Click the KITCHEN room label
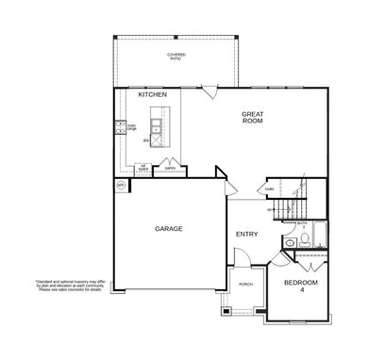click(153, 95)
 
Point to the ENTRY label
click(246, 234)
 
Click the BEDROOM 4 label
click(302, 286)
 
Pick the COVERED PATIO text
click(176, 57)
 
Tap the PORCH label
click(245, 283)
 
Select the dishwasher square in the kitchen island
click(146, 140)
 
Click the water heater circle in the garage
click(120, 186)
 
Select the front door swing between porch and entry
click(242, 256)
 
